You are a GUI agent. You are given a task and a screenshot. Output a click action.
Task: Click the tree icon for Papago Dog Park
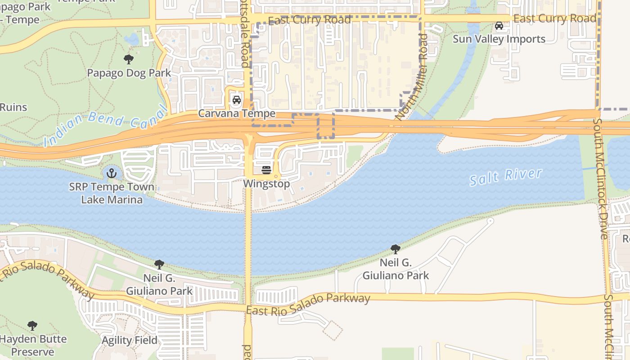(128, 59)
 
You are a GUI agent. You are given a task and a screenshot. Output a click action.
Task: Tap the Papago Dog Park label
(129, 73)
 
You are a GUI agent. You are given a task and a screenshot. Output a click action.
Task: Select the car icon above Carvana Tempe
(236, 100)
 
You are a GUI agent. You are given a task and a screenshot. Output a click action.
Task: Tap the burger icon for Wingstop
(266, 170)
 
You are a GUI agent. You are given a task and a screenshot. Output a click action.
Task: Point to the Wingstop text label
(266, 184)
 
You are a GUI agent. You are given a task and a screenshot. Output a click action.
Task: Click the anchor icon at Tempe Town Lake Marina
(111, 173)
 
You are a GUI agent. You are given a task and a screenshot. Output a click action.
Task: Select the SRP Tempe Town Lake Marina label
(112, 193)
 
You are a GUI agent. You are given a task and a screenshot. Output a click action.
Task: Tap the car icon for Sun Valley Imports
(499, 26)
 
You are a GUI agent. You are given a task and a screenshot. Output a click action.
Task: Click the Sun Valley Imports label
(499, 39)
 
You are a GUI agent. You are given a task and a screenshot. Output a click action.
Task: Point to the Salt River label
(506, 177)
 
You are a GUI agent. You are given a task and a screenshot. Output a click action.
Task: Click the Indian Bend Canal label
(106, 124)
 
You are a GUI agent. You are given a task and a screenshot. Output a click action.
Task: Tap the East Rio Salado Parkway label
(308, 304)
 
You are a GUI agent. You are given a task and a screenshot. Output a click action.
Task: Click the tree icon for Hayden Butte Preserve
(32, 325)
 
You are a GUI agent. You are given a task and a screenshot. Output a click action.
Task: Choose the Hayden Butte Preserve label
(33, 345)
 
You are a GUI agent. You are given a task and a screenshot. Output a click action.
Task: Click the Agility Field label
(130, 340)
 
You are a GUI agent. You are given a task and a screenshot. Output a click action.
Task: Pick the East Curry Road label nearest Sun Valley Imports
(555, 19)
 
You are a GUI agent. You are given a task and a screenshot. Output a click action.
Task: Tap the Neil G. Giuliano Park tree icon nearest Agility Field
(159, 265)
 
